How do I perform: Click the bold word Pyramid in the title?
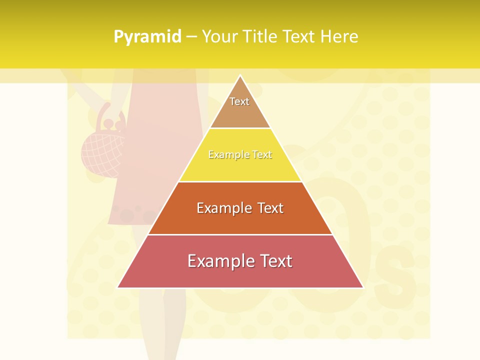pyautogui.click(x=147, y=37)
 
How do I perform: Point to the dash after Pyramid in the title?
pyautogui.click(x=191, y=37)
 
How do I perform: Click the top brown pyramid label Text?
pyautogui.click(x=239, y=101)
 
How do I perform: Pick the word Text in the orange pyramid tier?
pyautogui.click(x=270, y=208)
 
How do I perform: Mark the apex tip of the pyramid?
pyautogui.click(x=240, y=76)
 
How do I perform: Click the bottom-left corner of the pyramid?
pyautogui.click(x=118, y=287)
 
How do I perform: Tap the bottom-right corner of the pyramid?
pyautogui.click(x=362, y=287)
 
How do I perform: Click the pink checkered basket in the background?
pyautogui.click(x=102, y=152)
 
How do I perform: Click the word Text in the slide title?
pyautogui.click(x=301, y=37)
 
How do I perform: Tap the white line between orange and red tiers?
pyautogui.click(x=240, y=234)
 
